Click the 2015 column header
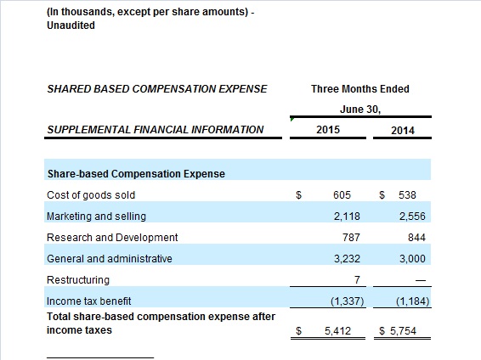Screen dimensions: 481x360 (x=328, y=130)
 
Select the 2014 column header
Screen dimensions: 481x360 (x=403, y=131)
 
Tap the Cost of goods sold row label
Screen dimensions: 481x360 (x=91, y=195)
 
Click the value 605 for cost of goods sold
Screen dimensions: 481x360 (x=342, y=195)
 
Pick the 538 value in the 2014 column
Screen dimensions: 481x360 (x=407, y=195)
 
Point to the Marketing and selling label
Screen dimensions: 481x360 (x=96, y=217)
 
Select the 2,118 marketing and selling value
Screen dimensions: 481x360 (x=347, y=217)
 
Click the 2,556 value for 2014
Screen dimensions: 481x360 (x=412, y=217)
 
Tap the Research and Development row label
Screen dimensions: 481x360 (x=112, y=238)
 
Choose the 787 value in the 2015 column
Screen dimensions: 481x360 (x=351, y=238)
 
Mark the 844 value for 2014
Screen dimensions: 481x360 (x=416, y=238)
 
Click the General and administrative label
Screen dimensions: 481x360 (x=110, y=259)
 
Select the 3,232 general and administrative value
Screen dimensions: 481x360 (x=347, y=259)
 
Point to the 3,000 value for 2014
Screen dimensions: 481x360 (x=412, y=259)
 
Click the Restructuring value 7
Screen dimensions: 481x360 (x=357, y=279)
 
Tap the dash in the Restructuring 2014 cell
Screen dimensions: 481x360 (x=422, y=280)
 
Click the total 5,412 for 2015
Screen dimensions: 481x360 (x=337, y=331)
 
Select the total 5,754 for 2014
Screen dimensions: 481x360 (x=403, y=331)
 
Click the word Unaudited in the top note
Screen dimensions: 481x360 (x=71, y=25)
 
